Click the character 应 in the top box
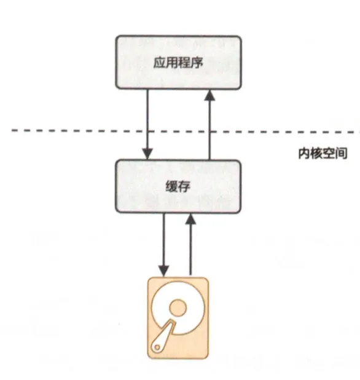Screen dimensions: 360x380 coord(160,63)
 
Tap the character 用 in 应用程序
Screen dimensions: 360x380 coord(172,63)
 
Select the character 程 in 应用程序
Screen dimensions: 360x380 coord(184,63)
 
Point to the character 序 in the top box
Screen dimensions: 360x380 coord(197,63)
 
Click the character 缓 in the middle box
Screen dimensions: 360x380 coord(171,186)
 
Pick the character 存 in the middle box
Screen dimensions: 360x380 coord(184,186)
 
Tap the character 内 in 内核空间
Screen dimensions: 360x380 coord(304,153)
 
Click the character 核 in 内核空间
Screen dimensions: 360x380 coord(316,153)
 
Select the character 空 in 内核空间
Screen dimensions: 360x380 coord(329,153)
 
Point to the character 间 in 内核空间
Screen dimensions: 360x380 coord(341,153)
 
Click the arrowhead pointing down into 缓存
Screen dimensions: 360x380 coord(147,154)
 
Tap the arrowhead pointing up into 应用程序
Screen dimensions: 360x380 coord(209,95)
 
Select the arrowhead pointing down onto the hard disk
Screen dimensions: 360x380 coord(163,271)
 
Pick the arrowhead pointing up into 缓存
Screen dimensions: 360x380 coord(191,219)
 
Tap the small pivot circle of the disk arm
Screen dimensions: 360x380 coord(157,347)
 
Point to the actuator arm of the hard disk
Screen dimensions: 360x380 coord(163,336)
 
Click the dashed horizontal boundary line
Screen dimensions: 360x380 coord(186,132)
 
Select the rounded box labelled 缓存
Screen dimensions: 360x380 coord(178,186)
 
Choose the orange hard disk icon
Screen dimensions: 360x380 coord(178,318)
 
